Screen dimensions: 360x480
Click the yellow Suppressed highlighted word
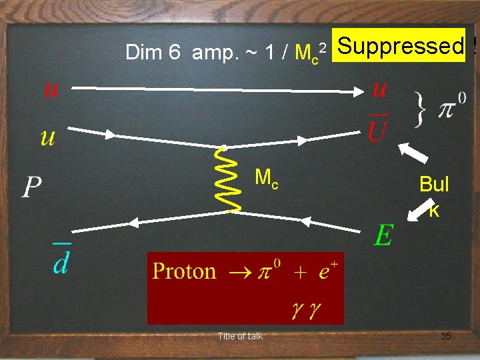point(401,46)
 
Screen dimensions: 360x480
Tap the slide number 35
point(445,336)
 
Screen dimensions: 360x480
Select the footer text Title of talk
point(240,336)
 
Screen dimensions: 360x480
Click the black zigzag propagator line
point(231,179)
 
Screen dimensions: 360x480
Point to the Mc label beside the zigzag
point(267,178)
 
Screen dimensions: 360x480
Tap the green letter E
point(383,235)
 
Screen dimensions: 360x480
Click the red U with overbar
point(377,129)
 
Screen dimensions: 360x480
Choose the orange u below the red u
point(48,137)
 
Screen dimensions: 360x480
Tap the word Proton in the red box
point(185,271)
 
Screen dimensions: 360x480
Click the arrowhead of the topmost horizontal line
point(357,91)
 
